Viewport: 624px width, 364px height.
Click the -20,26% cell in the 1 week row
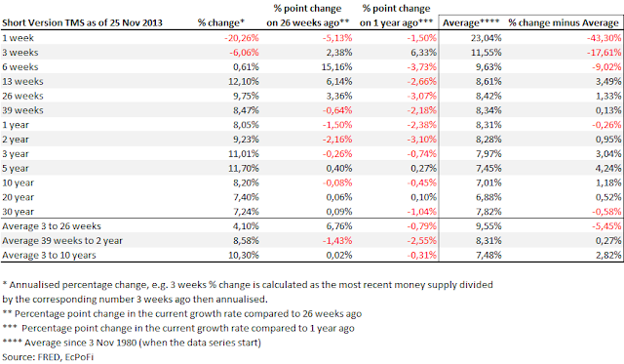pyautogui.click(x=241, y=38)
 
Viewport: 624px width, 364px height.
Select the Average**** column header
pyautogui.click(x=471, y=23)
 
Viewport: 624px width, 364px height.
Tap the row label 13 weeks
pyautogui.click(x=22, y=82)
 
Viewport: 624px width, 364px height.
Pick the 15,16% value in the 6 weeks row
pyautogui.click(x=336, y=67)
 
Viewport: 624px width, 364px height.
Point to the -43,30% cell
pyautogui.click(x=604, y=38)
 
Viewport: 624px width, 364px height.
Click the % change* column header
pyautogui.click(x=221, y=23)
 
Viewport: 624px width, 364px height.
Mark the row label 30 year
pyautogui.click(x=18, y=212)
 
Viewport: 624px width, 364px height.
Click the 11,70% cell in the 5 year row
pyautogui.click(x=244, y=169)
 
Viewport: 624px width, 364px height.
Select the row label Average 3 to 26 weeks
pyautogui.click(x=52, y=226)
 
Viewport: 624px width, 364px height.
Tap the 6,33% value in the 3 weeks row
pyautogui.click(x=423, y=53)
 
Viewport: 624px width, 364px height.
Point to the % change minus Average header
pyautogui.click(x=564, y=23)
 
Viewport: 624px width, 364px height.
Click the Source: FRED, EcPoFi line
pyautogui.click(x=48, y=357)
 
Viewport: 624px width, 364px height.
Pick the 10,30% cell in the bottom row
pyautogui.click(x=244, y=256)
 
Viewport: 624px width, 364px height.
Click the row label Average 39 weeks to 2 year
pyautogui.click(x=62, y=241)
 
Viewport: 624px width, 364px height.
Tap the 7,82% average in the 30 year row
pyautogui.click(x=488, y=212)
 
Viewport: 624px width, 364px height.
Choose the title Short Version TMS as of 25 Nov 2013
pyautogui.click(x=82, y=23)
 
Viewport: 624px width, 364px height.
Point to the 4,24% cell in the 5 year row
pyautogui.click(x=608, y=169)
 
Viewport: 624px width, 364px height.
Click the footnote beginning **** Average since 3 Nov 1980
pyautogui.click(x=132, y=343)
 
